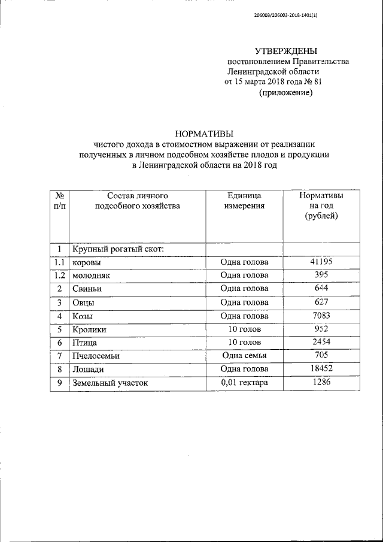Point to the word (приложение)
pos(285,93)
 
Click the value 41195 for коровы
pos(321,262)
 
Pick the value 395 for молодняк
pos(321,275)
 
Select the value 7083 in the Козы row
pos(321,316)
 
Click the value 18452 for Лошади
pos(321,369)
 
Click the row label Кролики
pos(90,329)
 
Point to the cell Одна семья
pos(244,356)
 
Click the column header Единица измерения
pos(244,201)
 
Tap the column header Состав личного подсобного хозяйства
pos(138,201)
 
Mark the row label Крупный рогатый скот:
pos(118,249)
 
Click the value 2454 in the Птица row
pos(321,342)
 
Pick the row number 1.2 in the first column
pos(59,275)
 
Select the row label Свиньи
pos(88,289)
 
